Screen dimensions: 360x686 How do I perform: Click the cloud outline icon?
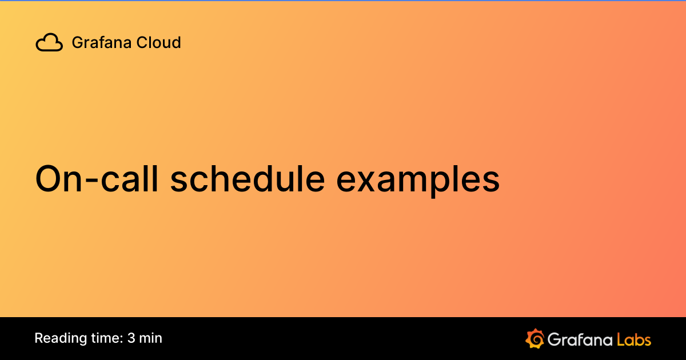[49, 43]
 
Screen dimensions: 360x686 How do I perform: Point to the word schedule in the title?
[247, 179]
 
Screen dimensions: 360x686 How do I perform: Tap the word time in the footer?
[103, 338]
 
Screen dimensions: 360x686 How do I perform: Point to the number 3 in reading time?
[131, 338]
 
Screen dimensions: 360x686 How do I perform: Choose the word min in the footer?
[151, 338]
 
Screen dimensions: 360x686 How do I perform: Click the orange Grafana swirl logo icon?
[534, 339]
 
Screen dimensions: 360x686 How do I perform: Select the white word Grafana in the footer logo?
[580, 339]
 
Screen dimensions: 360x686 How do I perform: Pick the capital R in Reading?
[38, 338]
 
